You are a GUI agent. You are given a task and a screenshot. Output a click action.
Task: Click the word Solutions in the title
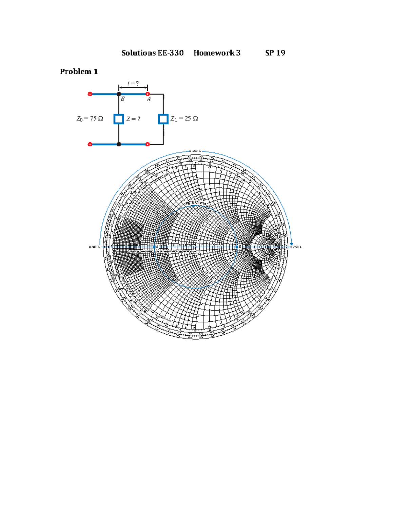[x=138, y=53]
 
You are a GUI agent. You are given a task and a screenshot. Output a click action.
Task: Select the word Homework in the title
[x=214, y=53]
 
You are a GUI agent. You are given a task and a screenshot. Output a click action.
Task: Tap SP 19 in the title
[x=275, y=53]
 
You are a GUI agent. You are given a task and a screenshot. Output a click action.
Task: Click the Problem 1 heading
[x=79, y=71]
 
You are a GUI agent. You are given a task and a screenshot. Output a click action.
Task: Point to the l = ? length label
[x=133, y=83]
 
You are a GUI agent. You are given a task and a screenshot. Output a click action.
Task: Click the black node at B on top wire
[x=119, y=94]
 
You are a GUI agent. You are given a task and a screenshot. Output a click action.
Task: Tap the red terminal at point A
[x=148, y=94]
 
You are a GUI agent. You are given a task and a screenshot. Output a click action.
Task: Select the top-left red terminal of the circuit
[x=90, y=94]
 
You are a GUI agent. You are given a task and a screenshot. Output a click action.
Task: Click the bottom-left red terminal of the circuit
[x=90, y=144]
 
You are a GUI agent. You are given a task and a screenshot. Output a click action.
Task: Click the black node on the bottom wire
[x=119, y=144]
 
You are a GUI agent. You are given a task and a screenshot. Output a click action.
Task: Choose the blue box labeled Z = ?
[x=119, y=119]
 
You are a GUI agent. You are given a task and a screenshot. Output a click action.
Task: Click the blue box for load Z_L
[x=163, y=119]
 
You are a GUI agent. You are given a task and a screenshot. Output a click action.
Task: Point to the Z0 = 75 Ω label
[x=90, y=119]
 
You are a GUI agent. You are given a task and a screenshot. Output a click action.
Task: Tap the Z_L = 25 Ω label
[x=184, y=119]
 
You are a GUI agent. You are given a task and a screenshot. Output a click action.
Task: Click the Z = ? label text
[x=133, y=119]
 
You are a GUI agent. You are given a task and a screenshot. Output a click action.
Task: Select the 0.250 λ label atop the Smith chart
[x=195, y=151]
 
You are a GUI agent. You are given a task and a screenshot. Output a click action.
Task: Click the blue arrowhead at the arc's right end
[x=291, y=244]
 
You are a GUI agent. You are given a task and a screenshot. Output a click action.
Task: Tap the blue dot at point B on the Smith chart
[x=236, y=247]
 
